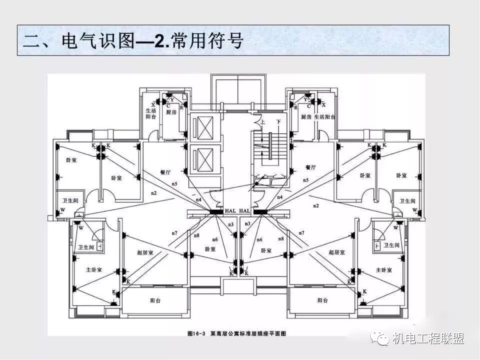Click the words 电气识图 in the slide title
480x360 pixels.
98,41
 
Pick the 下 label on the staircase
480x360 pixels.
279,122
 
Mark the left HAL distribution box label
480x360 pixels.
231,211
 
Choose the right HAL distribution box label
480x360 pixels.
245,211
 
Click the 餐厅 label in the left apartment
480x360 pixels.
166,172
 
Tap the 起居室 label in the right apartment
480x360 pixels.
336,252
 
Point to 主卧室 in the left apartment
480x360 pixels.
94,270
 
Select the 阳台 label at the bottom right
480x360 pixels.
323,300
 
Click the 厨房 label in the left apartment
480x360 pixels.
171,112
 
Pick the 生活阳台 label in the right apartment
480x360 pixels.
325,117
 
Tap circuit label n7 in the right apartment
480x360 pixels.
302,233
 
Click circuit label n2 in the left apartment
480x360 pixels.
154,192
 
